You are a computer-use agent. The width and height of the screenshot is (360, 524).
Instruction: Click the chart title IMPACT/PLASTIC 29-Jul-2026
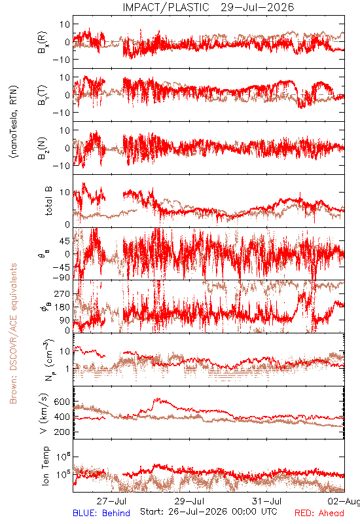pyautogui.click(x=208, y=7)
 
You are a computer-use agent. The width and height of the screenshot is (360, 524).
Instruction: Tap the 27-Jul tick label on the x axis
pyautogui.click(x=111, y=501)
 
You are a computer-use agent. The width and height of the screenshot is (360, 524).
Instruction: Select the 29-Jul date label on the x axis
pyautogui.click(x=189, y=501)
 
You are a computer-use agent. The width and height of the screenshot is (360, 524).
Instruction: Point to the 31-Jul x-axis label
pyautogui.click(x=267, y=501)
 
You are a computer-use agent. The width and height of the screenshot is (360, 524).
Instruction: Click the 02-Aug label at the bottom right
pyautogui.click(x=344, y=501)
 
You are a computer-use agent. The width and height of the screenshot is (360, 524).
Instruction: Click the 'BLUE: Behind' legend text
pyautogui.click(x=101, y=513)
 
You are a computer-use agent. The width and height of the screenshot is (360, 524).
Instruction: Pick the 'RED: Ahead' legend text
pyautogui.click(x=319, y=513)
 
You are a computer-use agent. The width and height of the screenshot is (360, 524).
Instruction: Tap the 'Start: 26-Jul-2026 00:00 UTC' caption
pyautogui.click(x=209, y=512)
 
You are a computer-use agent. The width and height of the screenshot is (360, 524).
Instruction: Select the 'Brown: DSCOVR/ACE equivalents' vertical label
pyautogui.click(x=13, y=333)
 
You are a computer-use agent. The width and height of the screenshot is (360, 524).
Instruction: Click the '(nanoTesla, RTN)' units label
pyautogui.click(x=14, y=122)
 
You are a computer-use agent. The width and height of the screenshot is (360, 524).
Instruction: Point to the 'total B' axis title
pyautogui.click(x=48, y=201)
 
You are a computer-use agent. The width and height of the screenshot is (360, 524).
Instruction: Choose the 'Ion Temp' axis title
pyautogui.click(x=45, y=466)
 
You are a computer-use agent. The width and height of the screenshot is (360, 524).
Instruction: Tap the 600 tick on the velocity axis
pyautogui.click(x=62, y=402)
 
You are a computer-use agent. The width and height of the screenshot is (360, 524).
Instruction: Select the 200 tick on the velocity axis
pyautogui.click(x=62, y=432)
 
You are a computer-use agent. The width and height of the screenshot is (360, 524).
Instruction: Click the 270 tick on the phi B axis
pyautogui.click(x=62, y=293)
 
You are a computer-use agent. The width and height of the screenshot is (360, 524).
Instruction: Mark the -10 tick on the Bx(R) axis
pyautogui.click(x=61, y=60)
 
